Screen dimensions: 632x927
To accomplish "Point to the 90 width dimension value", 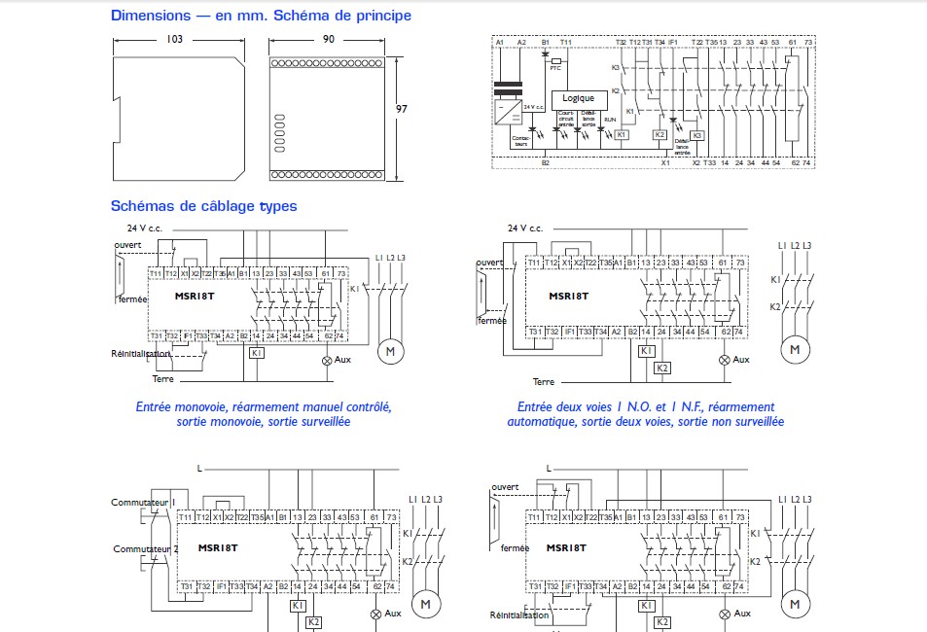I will tap(328, 39).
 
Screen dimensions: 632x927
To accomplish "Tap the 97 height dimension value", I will tap(402, 109).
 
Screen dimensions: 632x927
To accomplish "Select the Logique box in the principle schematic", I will tap(578, 98).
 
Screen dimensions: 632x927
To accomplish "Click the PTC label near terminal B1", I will tap(555, 68).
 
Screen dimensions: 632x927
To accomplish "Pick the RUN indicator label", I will tap(610, 119).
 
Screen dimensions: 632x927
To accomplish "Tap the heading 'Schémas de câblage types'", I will tap(203, 206).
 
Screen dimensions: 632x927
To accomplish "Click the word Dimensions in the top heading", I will tap(150, 16).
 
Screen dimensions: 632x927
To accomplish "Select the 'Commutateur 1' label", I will tap(141, 502).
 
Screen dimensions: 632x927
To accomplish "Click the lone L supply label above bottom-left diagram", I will tap(198, 469).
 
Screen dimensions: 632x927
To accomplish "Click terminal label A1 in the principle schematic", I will tap(499, 43).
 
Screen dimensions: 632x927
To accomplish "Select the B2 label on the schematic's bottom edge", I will tap(545, 163).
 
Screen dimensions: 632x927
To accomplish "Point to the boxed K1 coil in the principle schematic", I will tap(622, 134).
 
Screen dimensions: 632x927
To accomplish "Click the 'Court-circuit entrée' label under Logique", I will tap(566, 119).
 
